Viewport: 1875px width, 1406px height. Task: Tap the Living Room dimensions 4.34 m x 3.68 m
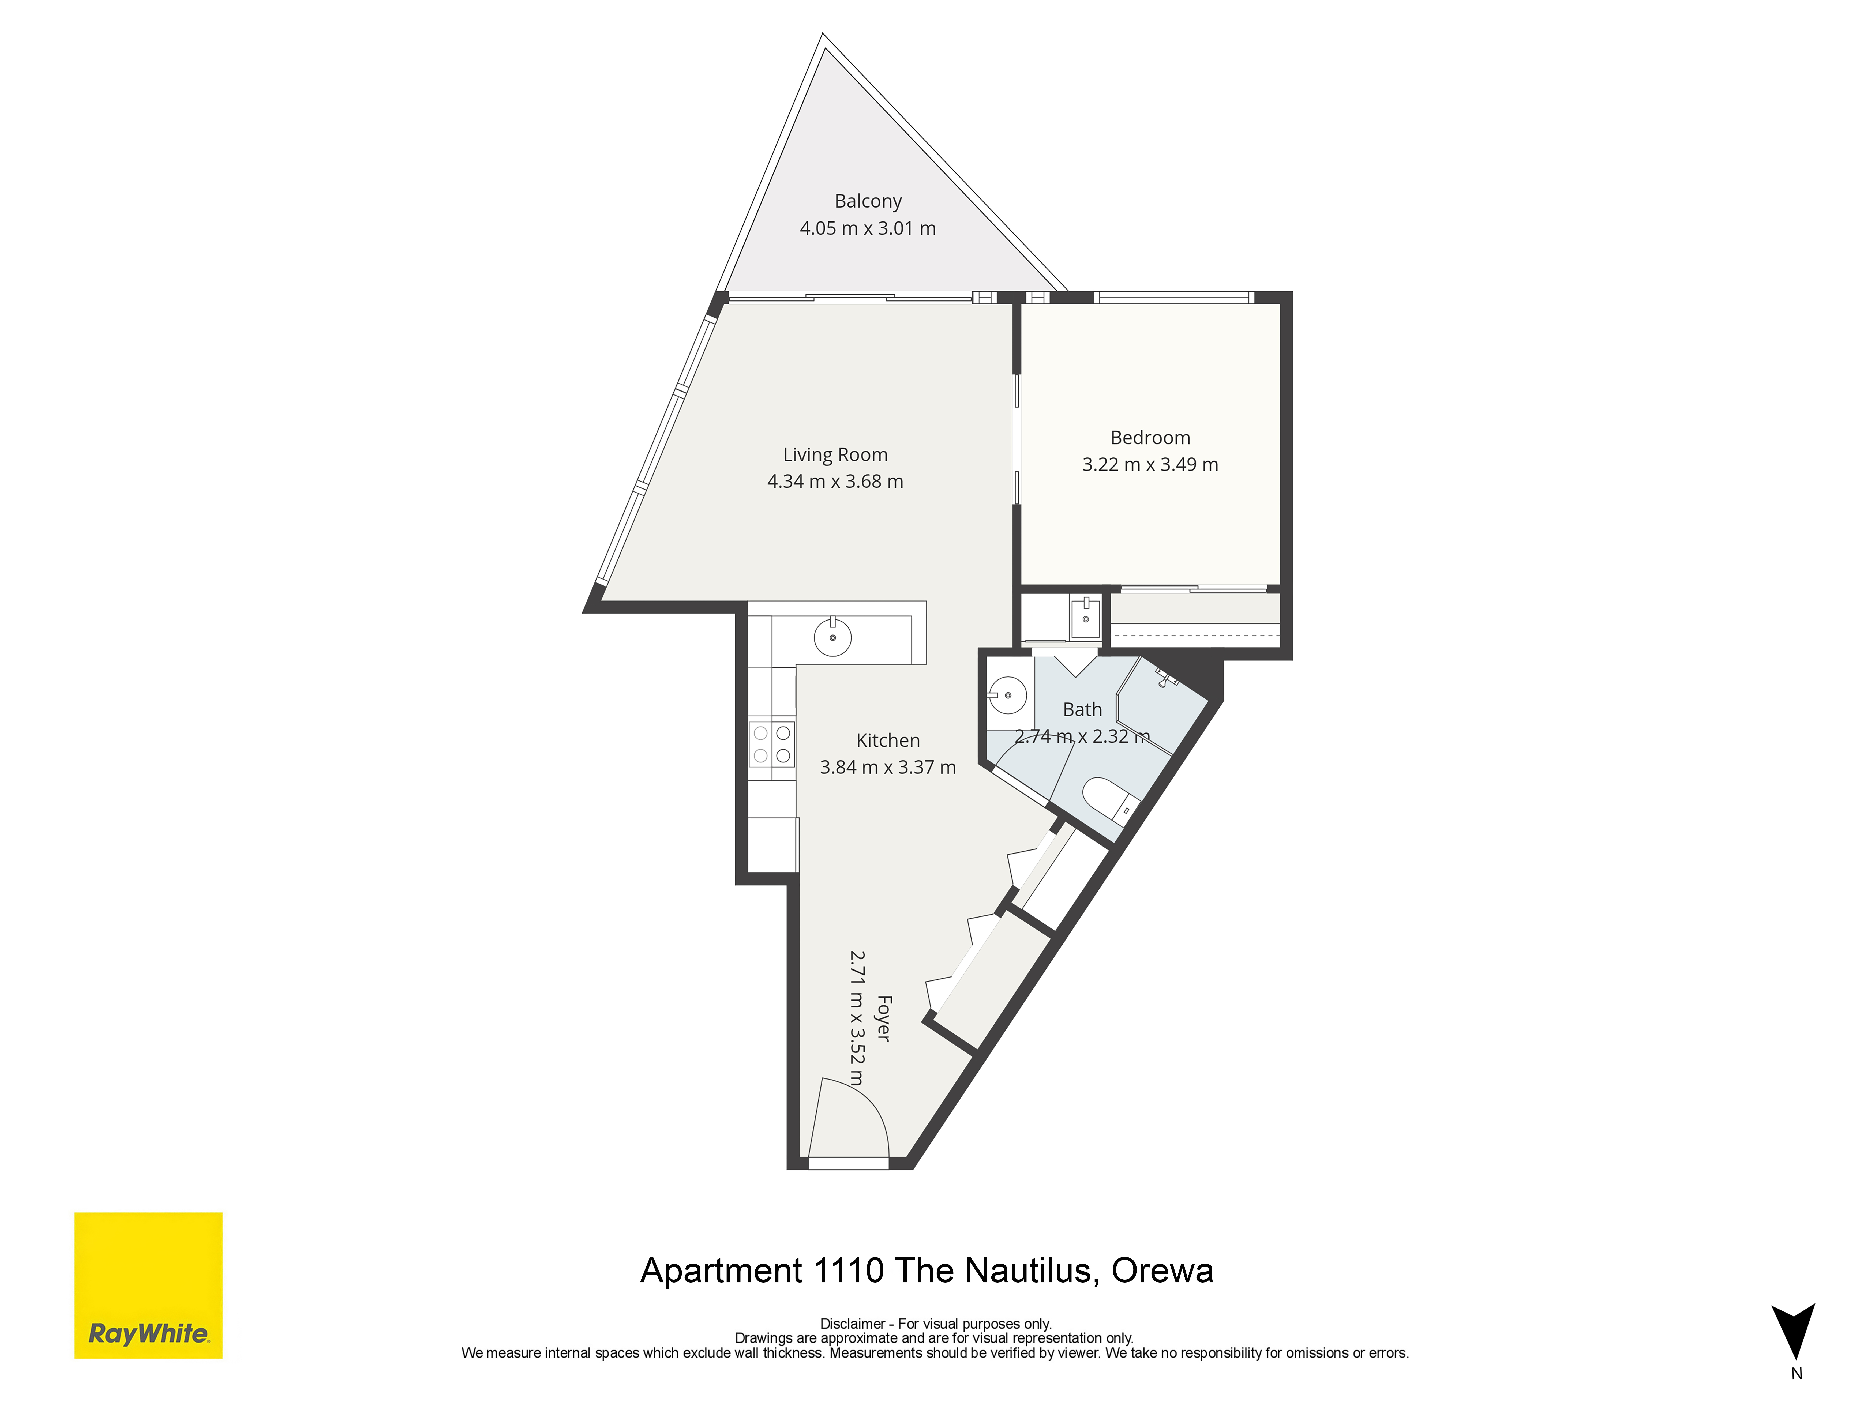(x=835, y=481)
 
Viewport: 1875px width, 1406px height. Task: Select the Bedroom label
(x=1150, y=437)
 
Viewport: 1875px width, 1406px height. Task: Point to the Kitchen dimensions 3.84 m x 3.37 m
(x=887, y=767)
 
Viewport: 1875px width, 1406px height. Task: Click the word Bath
(x=1082, y=709)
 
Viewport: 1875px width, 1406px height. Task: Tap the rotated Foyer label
(x=883, y=1019)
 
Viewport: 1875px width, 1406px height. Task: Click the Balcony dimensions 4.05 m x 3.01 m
(x=868, y=228)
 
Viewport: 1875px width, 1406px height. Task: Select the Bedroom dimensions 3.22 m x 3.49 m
(x=1150, y=464)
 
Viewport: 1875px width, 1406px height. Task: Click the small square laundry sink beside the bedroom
(x=1085, y=617)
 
